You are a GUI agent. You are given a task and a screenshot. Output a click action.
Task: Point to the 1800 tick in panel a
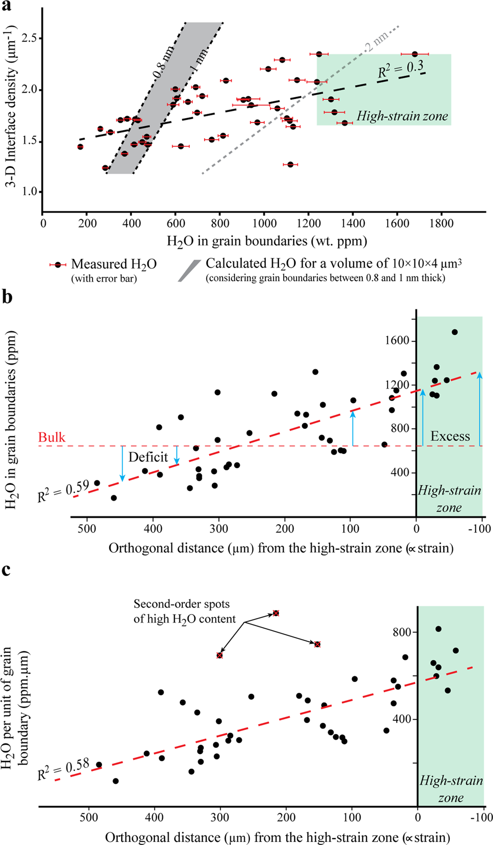(x=441, y=224)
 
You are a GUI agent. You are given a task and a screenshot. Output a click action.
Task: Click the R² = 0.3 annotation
(x=401, y=69)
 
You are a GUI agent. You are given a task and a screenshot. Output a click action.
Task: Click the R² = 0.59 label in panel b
(x=63, y=490)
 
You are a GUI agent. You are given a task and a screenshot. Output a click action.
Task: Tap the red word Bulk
(x=52, y=437)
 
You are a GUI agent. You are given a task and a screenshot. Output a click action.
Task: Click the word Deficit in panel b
(x=148, y=457)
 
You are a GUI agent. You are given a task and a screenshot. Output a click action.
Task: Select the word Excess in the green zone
(x=450, y=436)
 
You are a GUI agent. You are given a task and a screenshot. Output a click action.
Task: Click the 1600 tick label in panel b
(x=396, y=341)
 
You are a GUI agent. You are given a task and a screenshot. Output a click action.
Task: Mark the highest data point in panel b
(x=454, y=332)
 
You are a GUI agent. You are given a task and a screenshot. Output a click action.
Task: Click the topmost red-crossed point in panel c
(x=276, y=613)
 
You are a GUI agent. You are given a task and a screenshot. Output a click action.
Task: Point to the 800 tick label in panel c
(x=402, y=632)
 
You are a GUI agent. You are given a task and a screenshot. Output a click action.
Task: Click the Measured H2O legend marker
(x=58, y=265)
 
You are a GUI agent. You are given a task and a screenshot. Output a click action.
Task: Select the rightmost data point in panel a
(x=414, y=54)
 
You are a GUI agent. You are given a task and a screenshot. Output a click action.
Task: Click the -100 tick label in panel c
(x=482, y=817)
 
